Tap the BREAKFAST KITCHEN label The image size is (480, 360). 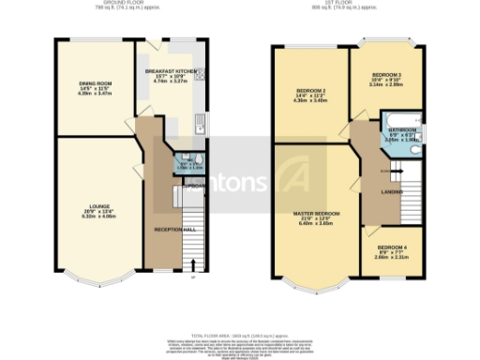click(170, 70)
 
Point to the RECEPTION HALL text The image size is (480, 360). click(174, 229)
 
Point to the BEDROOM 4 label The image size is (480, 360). click(386, 247)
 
